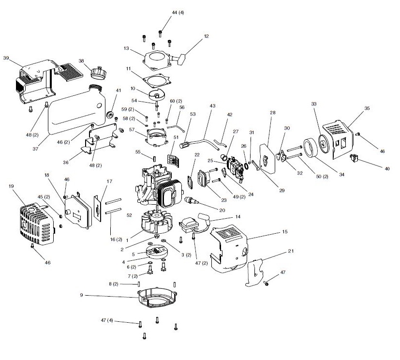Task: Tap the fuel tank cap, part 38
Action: click(99, 73)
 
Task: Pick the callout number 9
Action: click(82, 295)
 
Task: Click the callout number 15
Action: click(285, 232)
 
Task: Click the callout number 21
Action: click(290, 251)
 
